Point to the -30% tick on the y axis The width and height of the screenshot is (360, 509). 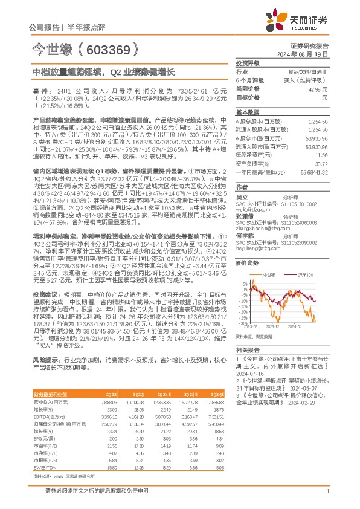click(240, 323)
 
